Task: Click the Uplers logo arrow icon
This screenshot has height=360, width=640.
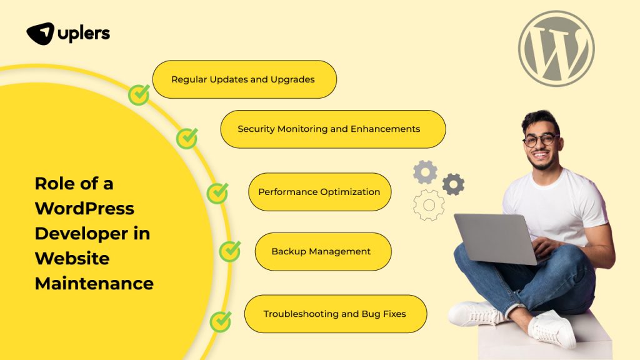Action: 40,33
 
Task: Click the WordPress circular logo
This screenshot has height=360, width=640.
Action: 556,49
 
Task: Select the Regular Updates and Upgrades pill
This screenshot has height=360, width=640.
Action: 244,79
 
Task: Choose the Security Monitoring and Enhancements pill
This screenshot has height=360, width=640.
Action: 332,129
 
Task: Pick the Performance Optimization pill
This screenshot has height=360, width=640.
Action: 319,192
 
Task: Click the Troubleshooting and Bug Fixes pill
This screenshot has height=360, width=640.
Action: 335,314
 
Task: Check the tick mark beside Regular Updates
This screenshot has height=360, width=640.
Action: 139,95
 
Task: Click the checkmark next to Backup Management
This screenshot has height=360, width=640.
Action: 230,251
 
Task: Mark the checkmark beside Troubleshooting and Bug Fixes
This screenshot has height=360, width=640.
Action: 221,321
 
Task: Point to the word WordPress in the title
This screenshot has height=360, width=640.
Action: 84,208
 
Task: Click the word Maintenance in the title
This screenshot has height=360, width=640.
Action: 94,283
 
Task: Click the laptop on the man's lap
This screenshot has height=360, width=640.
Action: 494,237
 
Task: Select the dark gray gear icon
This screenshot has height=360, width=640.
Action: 453,184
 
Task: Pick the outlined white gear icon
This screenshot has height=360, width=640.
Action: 429,205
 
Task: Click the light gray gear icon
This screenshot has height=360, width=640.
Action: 425,172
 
